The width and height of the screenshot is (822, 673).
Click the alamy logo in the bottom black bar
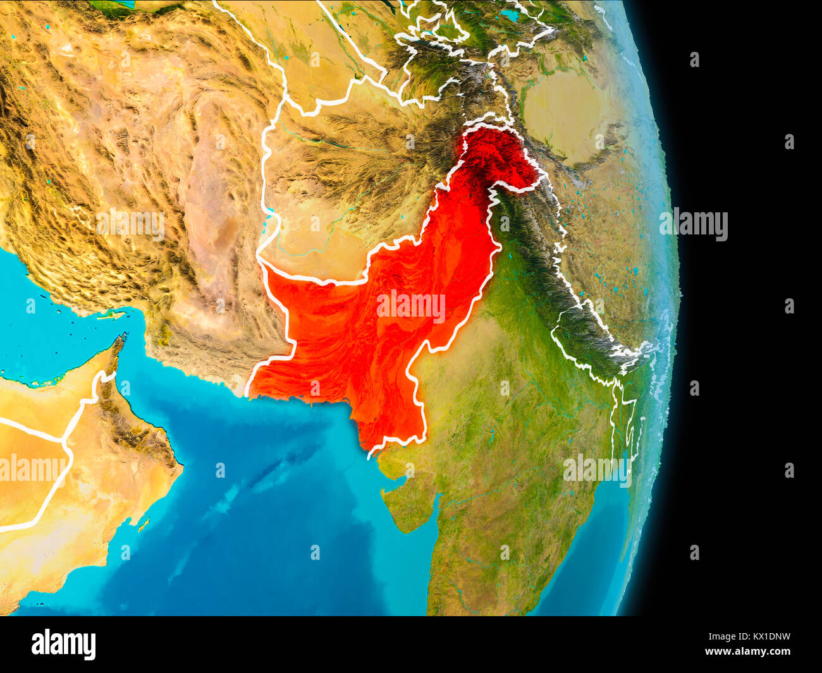point(63,644)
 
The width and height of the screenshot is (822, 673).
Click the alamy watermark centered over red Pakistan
point(410,306)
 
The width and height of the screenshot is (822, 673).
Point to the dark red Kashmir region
point(500,158)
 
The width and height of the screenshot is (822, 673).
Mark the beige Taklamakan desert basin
point(563,114)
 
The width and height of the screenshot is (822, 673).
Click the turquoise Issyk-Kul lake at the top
point(509,14)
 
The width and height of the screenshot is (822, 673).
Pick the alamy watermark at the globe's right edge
point(693,224)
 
